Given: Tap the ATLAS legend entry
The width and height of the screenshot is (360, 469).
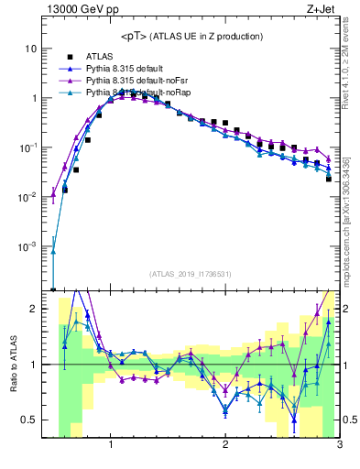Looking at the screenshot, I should point(102,57).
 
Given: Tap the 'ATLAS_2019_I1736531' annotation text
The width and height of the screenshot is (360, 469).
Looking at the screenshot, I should point(191,274).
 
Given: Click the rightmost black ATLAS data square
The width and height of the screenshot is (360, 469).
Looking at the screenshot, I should point(328,179).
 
